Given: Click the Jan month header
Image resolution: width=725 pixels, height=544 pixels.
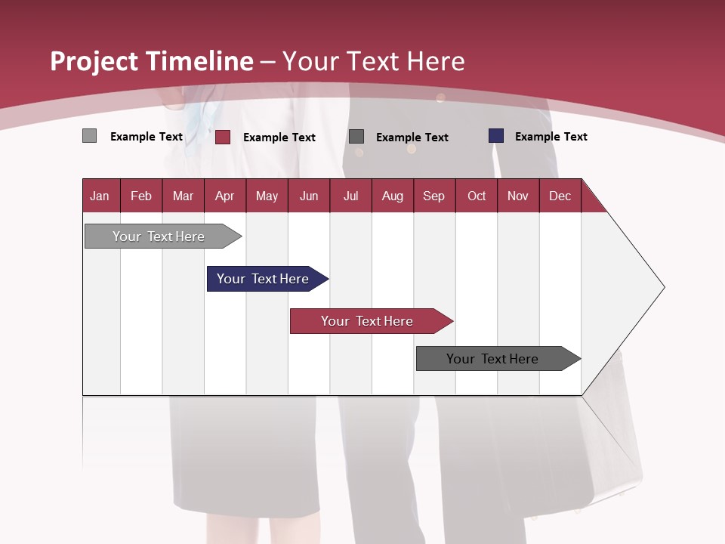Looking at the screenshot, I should (100, 196).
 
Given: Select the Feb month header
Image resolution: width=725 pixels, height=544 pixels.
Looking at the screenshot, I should (141, 196).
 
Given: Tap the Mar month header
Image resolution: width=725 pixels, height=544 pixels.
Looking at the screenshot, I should (183, 196).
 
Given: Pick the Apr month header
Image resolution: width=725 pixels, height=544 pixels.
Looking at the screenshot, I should (225, 196).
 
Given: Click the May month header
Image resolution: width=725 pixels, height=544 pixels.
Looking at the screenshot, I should (267, 196).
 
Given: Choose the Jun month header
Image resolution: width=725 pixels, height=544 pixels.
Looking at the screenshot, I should (309, 196).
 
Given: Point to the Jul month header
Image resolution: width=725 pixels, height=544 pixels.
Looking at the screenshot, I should (350, 196).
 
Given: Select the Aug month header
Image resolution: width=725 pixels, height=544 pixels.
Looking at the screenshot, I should (393, 196).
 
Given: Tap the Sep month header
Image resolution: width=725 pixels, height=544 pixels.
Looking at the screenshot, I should (434, 196).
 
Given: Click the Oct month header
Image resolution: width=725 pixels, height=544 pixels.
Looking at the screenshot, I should (477, 196).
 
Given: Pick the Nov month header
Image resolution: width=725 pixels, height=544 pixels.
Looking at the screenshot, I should (518, 196).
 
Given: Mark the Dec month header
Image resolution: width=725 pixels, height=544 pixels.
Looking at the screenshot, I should (560, 196).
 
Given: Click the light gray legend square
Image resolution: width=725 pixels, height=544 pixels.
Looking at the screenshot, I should (89, 136).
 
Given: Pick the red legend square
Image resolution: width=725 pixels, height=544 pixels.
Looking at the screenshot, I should (223, 137).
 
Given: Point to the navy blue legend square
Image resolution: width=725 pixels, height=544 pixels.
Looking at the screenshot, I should (496, 136).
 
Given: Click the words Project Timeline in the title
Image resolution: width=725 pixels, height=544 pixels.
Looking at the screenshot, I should (152, 61).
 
